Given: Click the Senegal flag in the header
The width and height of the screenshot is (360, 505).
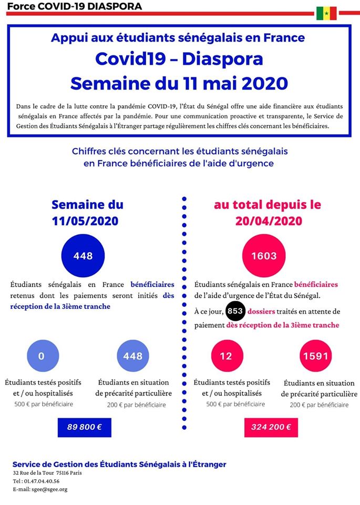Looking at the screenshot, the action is click(x=326, y=13).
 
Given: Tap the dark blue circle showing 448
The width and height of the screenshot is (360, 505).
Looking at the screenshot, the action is click(x=83, y=256).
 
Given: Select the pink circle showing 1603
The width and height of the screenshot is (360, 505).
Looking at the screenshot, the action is click(x=264, y=256).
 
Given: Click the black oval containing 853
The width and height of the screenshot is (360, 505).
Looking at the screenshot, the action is click(x=235, y=311).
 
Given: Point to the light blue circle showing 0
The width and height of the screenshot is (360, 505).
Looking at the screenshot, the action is click(x=43, y=356).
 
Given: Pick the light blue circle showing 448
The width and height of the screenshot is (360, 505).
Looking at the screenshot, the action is click(x=133, y=356).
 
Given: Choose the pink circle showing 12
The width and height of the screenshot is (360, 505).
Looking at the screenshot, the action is click(x=227, y=356).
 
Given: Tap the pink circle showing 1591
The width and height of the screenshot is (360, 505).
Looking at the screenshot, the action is click(x=316, y=356).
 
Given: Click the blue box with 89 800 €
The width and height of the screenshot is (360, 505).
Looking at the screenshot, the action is click(x=84, y=427).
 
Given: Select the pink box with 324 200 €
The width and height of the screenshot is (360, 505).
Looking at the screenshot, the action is click(x=271, y=427).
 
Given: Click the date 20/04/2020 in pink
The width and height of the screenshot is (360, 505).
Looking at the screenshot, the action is click(x=269, y=221).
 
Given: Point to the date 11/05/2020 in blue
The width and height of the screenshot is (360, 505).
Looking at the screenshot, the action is click(x=85, y=221).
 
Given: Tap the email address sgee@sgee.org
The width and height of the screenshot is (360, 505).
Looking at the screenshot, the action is click(x=49, y=490).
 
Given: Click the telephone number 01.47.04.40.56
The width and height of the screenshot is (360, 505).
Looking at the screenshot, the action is click(x=42, y=481).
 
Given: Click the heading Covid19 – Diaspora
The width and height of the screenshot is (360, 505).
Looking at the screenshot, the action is click(x=179, y=59).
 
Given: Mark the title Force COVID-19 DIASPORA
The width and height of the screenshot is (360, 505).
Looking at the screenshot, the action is click(x=74, y=6).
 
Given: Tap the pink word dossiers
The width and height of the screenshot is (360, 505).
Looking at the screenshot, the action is click(x=261, y=311).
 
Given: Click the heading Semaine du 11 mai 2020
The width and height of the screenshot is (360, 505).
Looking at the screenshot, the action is click(x=179, y=84).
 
